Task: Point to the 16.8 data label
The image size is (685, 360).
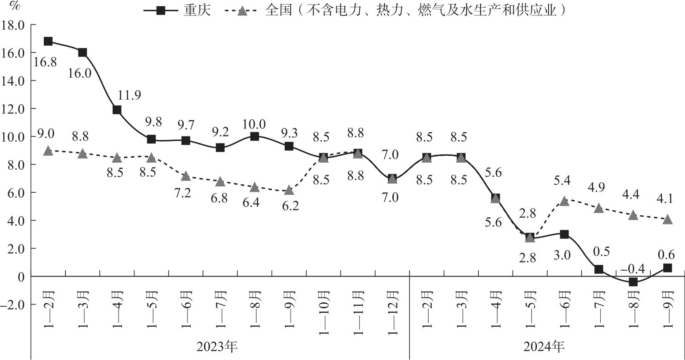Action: pyautogui.click(x=45, y=62)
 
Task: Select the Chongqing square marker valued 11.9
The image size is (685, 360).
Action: pyautogui.click(x=117, y=110)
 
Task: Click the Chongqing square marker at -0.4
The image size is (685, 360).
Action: pyautogui.click(x=633, y=282)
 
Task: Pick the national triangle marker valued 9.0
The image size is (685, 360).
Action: pyautogui.click(x=48, y=151)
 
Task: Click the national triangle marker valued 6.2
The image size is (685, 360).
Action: pyautogui.click(x=289, y=190)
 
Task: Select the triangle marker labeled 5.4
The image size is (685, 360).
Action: pyautogui.click(x=564, y=201)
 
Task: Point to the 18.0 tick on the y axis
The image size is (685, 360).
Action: pyautogui.click(x=13, y=25)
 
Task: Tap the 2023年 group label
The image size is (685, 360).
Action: pyautogui.click(x=217, y=346)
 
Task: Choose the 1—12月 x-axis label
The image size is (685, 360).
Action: pyautogui.click(x=392, y=312)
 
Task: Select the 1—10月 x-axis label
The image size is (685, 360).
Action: pyautogui.click(x=324, y=312)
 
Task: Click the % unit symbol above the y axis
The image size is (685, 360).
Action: pyautogui.click(x=15, y=6)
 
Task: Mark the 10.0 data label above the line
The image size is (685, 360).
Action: pyautogui.click(x=254, y=124)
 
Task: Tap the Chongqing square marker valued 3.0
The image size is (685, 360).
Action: pyautogui.click(x=564, y=234)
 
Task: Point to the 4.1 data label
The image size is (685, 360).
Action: pyautogui.click(x=665, y=199)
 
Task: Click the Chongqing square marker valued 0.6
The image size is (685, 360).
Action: pyautogui.click(x=667, y=268)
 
